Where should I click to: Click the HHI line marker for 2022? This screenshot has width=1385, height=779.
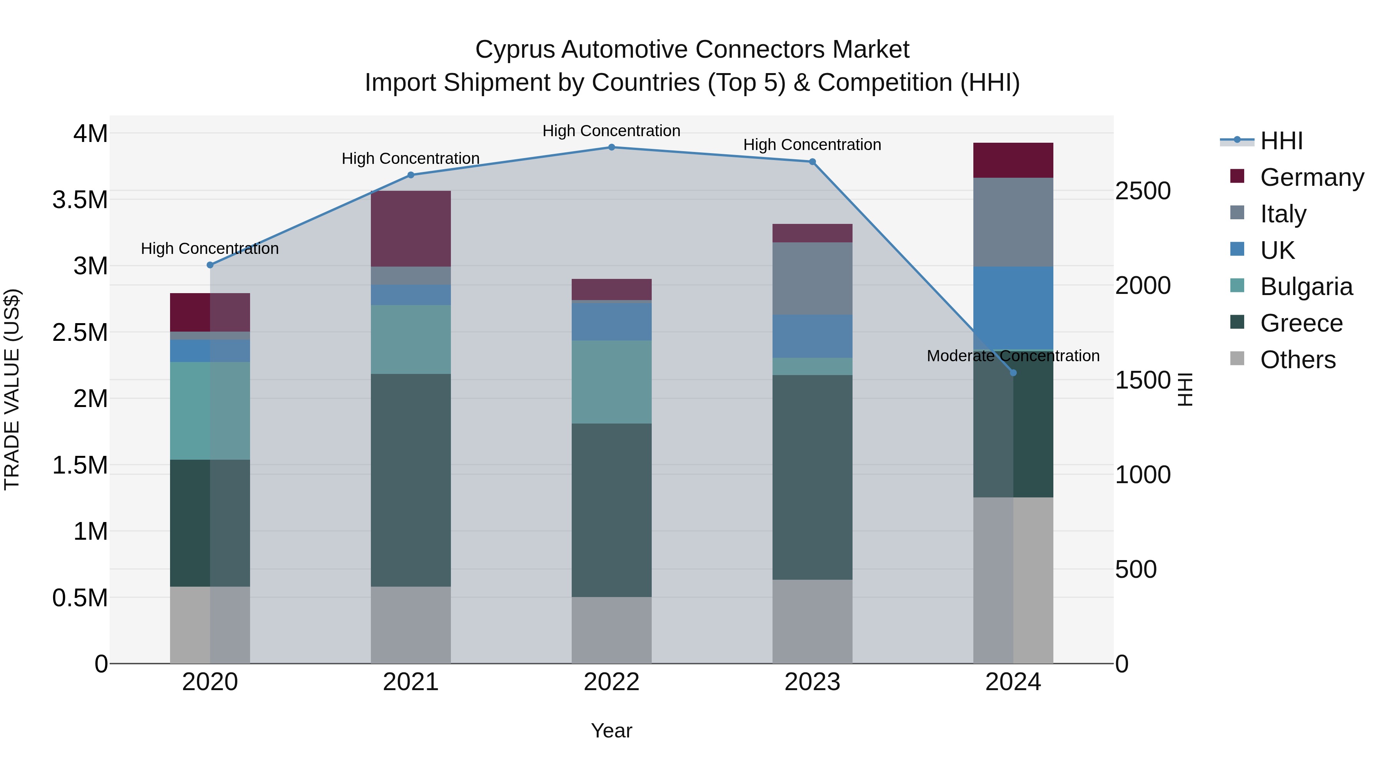(611, 147)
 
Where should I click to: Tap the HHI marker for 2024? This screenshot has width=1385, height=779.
(1013, 372)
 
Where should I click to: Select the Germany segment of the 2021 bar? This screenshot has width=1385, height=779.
(411, 229)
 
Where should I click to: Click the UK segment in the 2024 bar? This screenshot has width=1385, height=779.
(1013, 308)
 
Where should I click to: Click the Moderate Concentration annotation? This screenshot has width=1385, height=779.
(1013, 356)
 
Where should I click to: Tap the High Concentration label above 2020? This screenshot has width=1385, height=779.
(210, 249)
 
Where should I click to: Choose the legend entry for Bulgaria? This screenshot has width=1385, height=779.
(1306, 287)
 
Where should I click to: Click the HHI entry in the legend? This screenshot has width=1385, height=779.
(1281, 141)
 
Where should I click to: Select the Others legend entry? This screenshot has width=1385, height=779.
(1297, 360)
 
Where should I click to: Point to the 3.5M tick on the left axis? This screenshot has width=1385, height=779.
(80, 200)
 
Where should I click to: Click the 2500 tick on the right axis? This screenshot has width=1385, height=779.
(1143, 191)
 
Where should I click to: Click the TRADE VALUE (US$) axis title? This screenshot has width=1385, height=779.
(12, 389)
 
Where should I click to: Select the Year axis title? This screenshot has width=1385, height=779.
(611, 731)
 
